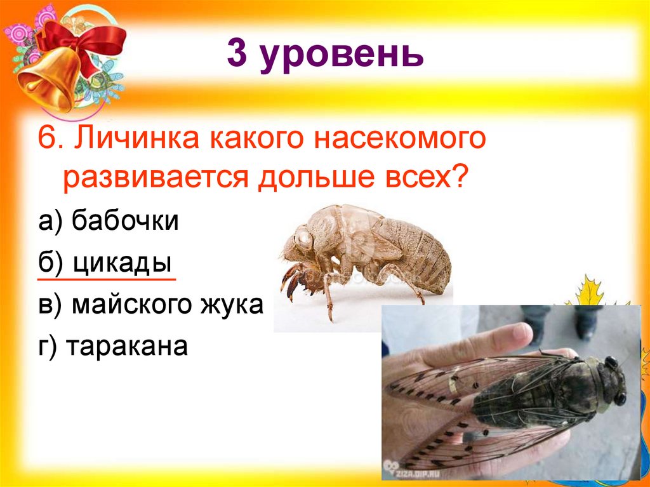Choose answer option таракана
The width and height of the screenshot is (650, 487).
(129, 347)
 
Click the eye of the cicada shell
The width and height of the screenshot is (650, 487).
(303, 238)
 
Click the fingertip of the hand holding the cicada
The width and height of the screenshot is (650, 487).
(521, 331)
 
